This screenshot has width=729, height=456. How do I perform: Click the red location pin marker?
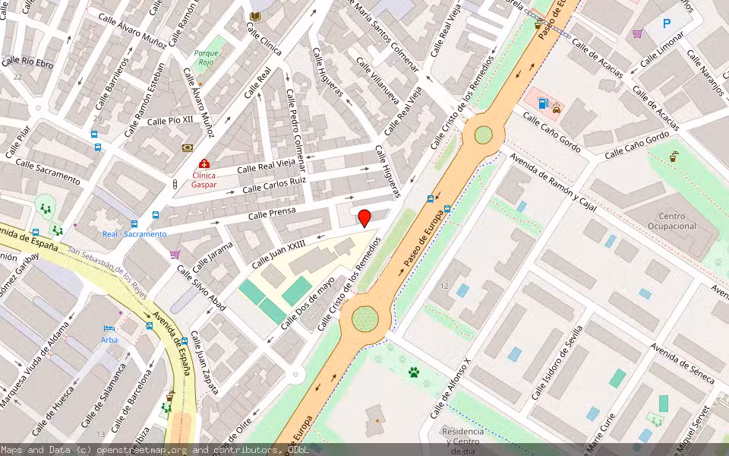tap(364, 218)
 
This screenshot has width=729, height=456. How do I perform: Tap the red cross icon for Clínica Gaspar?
tap(204, 163)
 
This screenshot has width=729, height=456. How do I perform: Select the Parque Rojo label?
tap(207, 59)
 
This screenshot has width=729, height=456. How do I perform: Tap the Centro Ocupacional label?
tap(667, 221)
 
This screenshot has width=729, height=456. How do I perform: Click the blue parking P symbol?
tap(667, 24)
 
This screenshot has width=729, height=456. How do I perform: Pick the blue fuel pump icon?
tap(542, 103)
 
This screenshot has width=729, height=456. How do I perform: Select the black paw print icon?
tap(414, 372)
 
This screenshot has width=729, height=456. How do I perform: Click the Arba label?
tap(109, 340)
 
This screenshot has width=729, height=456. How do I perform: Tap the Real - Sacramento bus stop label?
tap(134, 234)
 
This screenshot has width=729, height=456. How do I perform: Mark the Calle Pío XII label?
tap(170, 120)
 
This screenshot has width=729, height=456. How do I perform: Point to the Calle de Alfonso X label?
tap(451, 388)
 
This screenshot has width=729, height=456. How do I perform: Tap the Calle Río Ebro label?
tap(27, 63)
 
